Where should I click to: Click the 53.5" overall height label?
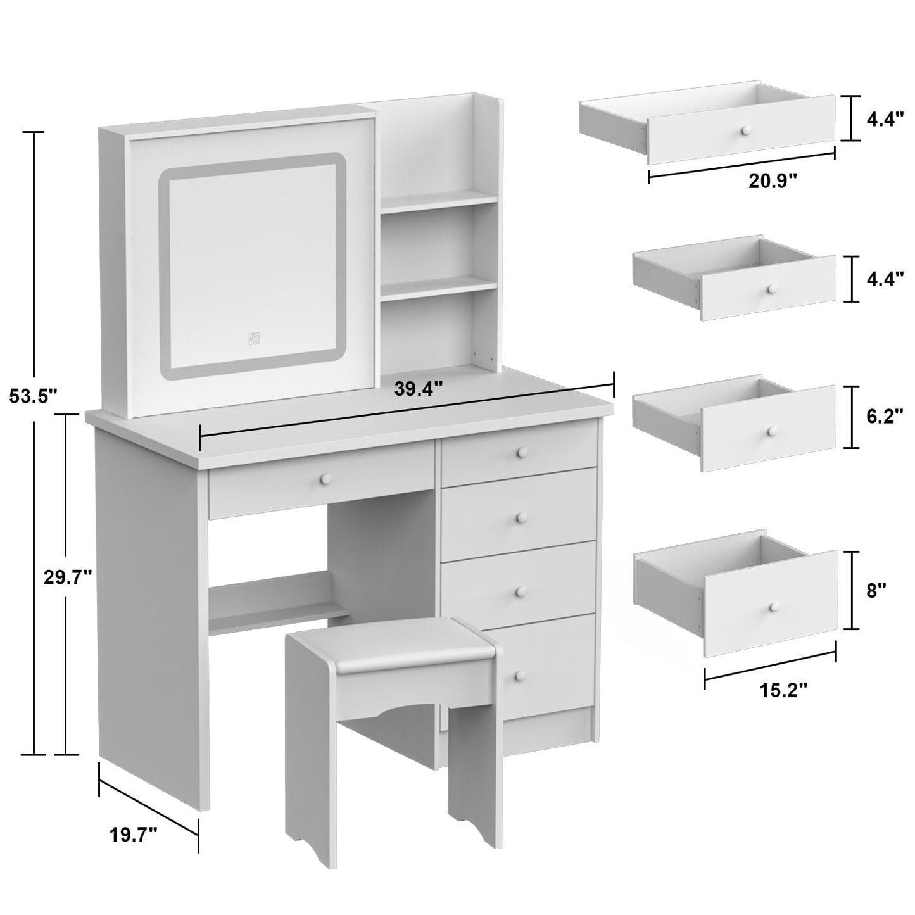[33, 396]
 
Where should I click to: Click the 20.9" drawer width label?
[772, 182]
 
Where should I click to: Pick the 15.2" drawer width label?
[783, 690]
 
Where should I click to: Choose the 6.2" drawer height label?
[885, 419]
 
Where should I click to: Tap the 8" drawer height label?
[876, 591]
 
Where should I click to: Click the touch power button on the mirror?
[253, 339]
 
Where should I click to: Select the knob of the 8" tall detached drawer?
[773, 607]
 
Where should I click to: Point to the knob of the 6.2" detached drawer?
[771, 431]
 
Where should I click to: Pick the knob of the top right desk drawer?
[522, 451]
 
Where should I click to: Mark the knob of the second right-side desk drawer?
[522, 517]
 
